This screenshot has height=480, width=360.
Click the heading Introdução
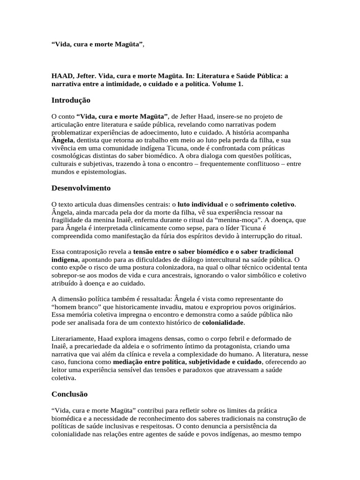coord(71,100)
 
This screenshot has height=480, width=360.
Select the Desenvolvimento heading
coord(81,188)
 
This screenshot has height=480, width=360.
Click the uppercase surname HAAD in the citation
coord(61,75)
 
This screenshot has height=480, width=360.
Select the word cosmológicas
coord(72,156)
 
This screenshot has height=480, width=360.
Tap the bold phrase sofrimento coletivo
coord(265,204)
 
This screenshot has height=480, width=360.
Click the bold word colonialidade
coord(223,323)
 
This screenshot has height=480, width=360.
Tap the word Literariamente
coord(74,339)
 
